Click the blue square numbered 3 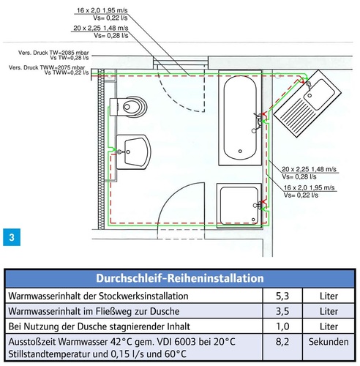coord(12,237)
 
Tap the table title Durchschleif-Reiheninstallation coord(180,278)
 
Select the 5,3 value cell coord(282,296)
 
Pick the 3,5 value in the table coord(282,311)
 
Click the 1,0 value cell coord(282,326)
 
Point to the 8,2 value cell coord(282,342)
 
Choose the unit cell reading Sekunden coord(329,342)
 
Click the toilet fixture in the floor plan coord(128,107)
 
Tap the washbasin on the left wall coord(133,152)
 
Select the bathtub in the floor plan coord(240,118)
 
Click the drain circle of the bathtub coord(240,152)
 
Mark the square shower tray coord(239,206)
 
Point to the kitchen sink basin coord(319,94)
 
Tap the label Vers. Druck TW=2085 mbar coord(53,53)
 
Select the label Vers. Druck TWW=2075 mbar coord(47,67)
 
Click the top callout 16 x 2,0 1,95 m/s coord(102,10)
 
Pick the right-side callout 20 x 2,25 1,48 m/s coord(309,169)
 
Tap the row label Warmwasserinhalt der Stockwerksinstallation coord(98,296)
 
